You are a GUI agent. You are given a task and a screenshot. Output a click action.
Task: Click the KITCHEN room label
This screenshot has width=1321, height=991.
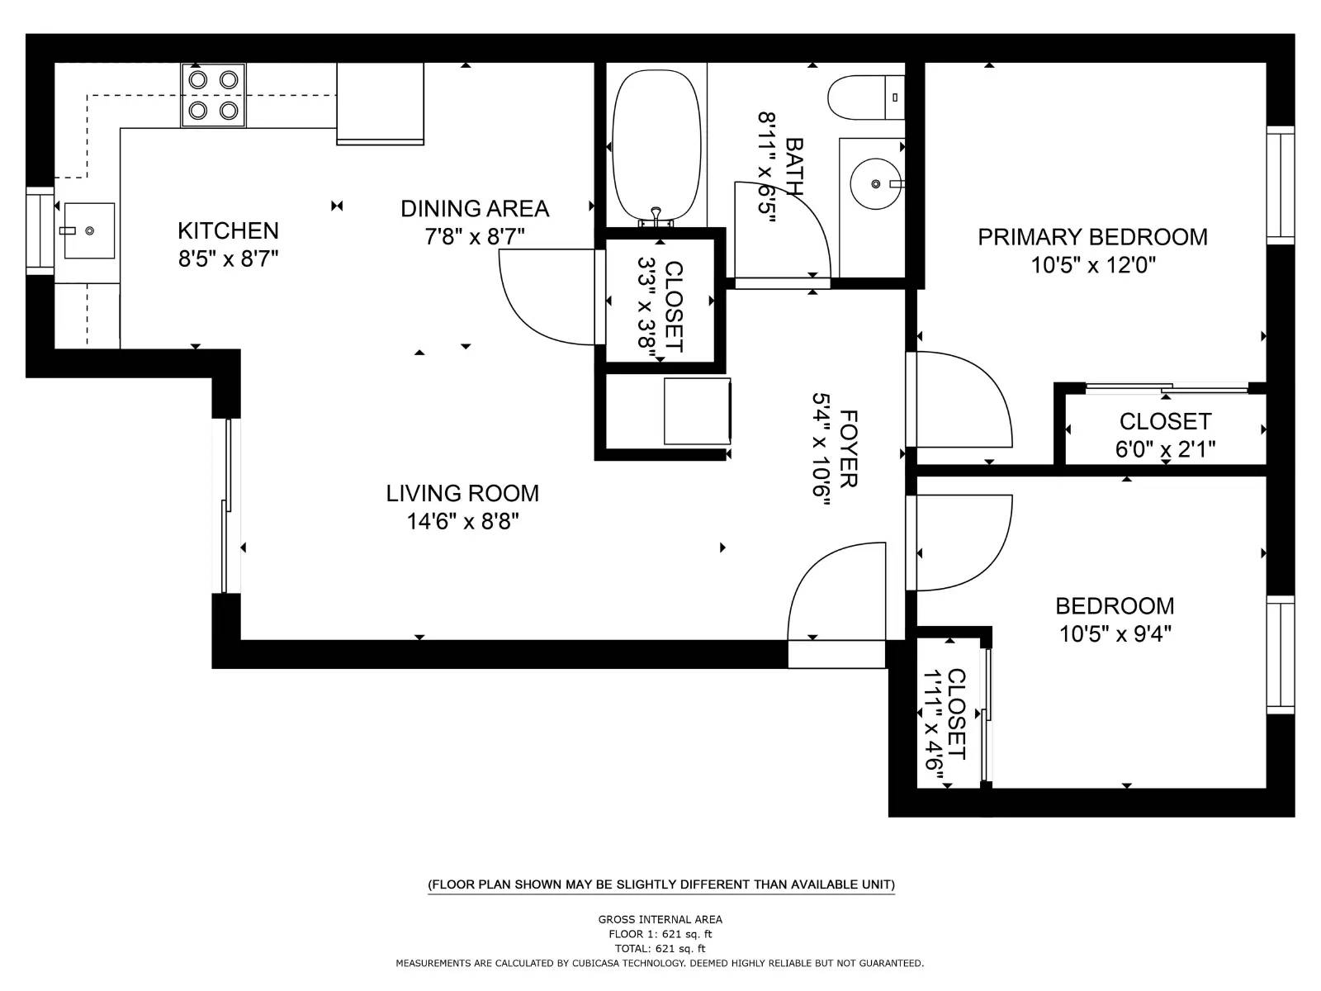[228, 230]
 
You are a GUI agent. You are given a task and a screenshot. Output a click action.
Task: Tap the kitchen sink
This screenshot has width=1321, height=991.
[88, 230]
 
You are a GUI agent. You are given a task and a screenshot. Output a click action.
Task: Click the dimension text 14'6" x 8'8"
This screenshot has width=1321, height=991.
[462, 522]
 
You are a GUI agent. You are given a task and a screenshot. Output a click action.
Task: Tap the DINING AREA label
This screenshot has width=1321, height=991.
[475, 209]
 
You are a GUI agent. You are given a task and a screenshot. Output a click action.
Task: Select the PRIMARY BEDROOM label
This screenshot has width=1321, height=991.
[1092, 238]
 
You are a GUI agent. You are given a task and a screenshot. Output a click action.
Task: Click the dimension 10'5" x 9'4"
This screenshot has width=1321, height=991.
[1115, 634]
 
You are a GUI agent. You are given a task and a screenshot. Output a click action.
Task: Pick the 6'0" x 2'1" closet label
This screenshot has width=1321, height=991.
[1165, 449]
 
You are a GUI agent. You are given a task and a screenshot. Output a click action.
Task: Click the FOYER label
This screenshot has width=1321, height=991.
[848, 449]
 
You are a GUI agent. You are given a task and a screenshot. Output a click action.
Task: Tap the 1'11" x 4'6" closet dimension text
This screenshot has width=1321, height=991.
[933, 719]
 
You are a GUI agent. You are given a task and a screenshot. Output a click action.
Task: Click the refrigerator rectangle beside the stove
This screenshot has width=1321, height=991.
[380, 103]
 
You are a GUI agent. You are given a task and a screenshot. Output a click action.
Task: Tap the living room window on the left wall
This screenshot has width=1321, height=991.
[226, 505]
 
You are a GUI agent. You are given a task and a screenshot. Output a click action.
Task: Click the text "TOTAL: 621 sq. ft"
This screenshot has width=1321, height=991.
[660, 949]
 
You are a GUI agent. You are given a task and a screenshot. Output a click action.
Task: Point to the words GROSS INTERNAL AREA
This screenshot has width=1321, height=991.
[660, 919]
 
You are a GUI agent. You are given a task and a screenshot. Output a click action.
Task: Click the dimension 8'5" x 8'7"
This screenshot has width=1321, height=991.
[228, 259]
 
